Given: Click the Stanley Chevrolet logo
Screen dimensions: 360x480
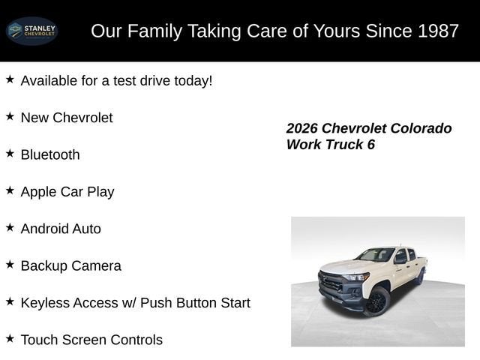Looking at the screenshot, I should (31, 31).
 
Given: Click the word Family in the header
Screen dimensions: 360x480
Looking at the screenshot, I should (154, 31).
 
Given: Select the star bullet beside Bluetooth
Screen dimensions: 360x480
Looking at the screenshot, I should (10, 153).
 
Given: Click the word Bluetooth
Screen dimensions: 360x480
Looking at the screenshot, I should (50, 154).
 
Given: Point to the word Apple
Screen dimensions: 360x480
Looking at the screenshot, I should (40, 192).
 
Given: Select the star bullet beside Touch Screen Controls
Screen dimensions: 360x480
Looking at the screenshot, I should (10, 338).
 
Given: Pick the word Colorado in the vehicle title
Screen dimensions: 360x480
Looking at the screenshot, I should (422, 128).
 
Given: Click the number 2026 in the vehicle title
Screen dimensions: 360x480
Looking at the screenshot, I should (302, 128).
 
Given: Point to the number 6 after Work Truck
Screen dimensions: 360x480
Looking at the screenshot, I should (370, 145).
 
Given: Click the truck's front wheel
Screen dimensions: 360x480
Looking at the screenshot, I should (376, 301).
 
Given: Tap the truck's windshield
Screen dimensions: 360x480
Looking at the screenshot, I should (376, 255).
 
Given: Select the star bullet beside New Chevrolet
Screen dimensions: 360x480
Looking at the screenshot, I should (10, 116).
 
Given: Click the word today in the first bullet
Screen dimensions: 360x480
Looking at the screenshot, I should (190, 80).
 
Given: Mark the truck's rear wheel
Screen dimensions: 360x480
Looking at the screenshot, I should (419, 276).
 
